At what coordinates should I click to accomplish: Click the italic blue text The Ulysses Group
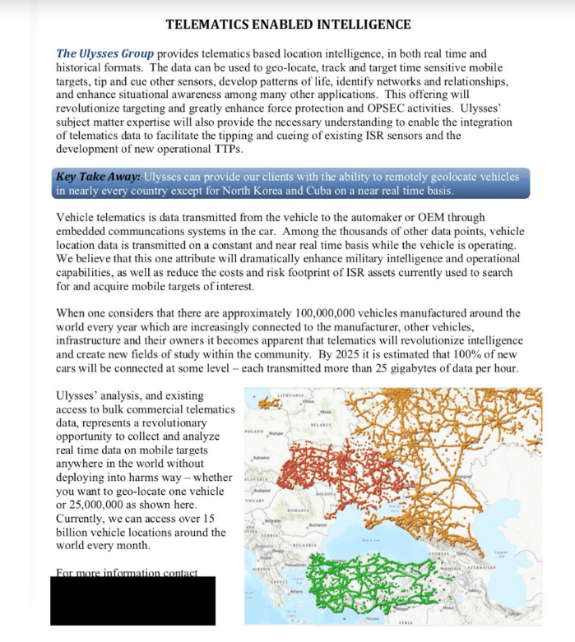tap(104, 53)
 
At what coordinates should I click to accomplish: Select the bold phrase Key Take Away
tap(98, 177)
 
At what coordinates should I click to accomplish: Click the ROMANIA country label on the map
tap(297, 511)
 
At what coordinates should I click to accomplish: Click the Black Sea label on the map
tap(370, 540)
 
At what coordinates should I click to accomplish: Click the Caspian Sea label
tap(500, 552)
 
